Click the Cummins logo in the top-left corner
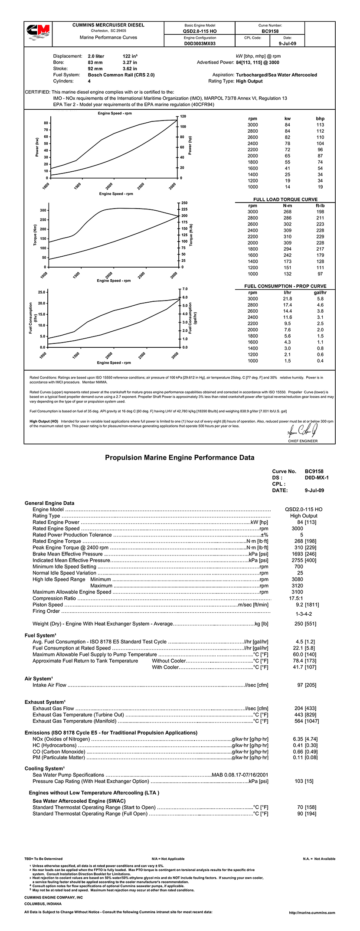[x=38, y=33]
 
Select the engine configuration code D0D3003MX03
[x=200, y=44]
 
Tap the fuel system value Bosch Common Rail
[x=121, y=75]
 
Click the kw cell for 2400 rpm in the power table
[x=288, y=144]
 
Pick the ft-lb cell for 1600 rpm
[x=320, y=255]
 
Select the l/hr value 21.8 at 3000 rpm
[x=287, y=299]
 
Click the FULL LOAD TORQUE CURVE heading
[x=285, y=199]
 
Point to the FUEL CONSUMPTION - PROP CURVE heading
[x=285, y=286]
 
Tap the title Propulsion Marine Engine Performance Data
[x=180, y=457]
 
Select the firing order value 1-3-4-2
[x=304, y=614]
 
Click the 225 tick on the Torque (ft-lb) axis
[x=184, y=209]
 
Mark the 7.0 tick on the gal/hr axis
[x=185, y=289]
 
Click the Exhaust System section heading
[x=45, y=702]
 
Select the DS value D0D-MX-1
[x=317, y=477]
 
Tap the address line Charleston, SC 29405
[x=108, y=31]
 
